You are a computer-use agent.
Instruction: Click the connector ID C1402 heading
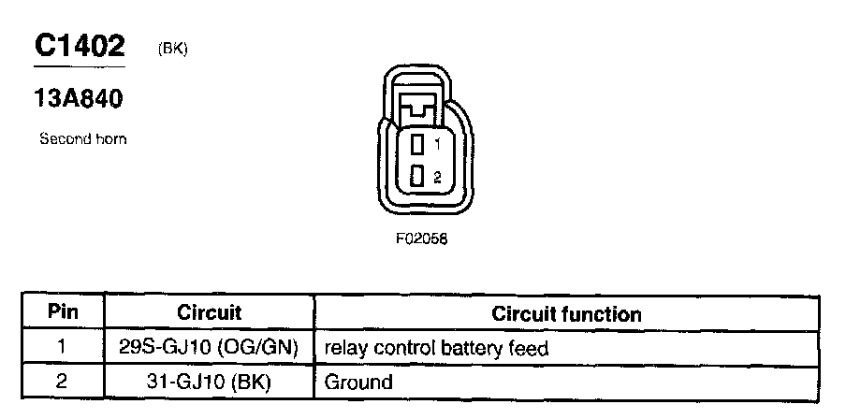tap(80, 47)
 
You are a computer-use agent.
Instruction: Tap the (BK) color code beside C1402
tap(173, 49)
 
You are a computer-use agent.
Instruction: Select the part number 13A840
tap(80, 97)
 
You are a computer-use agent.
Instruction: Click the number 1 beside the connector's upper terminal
tap(436, 143)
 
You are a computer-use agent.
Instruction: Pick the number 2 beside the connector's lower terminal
tap(436, 176)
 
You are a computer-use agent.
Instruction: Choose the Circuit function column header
tap(566, 314)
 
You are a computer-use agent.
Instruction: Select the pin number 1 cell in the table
tap(63, 348)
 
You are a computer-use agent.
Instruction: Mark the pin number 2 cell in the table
tap(63, 382)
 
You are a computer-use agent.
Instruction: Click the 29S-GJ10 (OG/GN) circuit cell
tap(209, 348)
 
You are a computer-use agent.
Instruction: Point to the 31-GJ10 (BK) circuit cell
tap(209, 382)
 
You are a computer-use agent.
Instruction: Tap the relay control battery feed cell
tap(435, 349)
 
